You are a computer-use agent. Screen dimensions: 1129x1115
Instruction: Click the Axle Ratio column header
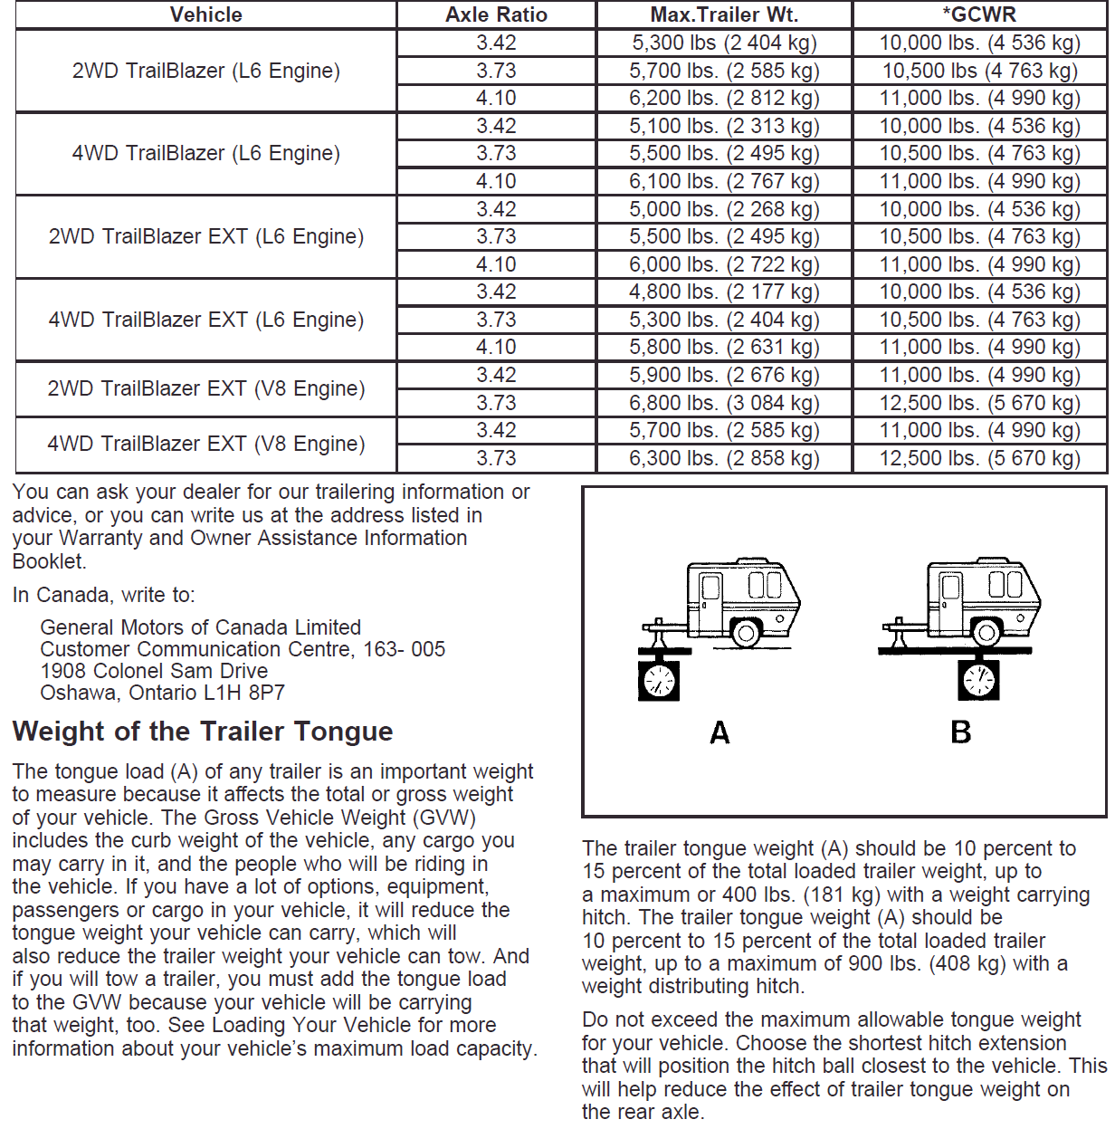tap(496, 14)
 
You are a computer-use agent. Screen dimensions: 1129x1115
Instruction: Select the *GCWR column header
tap(979, 14)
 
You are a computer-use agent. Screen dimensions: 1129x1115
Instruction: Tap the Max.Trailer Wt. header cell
tap(724, 14)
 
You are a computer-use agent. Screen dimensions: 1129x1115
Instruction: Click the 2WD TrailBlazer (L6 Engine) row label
tap(206, 71)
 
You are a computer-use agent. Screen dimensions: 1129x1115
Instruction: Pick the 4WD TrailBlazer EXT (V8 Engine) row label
tap(206, 444)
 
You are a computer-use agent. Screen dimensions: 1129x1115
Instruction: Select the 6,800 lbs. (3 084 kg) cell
tap(724, 403)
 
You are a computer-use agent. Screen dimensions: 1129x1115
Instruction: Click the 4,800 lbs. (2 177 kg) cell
tap(724, 292)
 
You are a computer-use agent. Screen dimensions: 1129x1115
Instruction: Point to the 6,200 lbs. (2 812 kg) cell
tap(724, 98)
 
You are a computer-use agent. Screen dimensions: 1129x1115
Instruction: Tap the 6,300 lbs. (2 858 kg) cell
tap(724, 458)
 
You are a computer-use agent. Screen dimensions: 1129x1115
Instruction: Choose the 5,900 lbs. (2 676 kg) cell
tap(724, 375)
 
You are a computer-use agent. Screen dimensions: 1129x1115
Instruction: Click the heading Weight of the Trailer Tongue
tap(203, 731)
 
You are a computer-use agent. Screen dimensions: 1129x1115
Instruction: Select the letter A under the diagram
tap(720, 732)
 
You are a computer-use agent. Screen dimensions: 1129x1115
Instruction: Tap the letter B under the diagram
tap(961, 732)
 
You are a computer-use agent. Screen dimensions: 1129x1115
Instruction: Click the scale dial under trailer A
tap(659, 680)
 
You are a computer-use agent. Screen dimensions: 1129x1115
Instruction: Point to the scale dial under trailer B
tap(979, 679)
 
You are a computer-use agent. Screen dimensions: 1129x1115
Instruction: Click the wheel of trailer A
tap(746, 632)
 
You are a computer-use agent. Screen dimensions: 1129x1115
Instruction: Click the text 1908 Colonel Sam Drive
tap(154, 671)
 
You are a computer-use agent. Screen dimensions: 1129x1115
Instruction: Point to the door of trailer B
tap(949, 600)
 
